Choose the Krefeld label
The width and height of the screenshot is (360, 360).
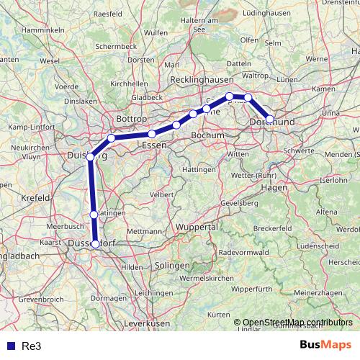35,197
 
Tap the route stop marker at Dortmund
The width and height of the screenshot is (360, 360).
270,120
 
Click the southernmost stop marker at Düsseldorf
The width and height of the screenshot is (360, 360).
96,244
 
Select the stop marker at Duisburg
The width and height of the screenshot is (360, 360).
90,156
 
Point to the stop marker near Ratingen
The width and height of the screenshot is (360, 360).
94,215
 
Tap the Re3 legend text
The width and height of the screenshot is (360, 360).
31,346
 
